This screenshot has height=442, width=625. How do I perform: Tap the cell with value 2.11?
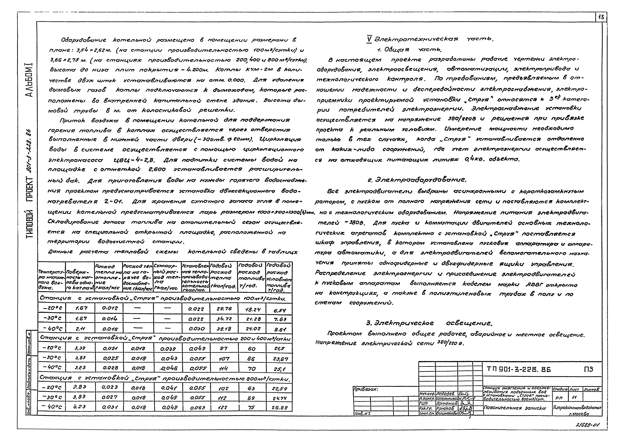tap(80, 329)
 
